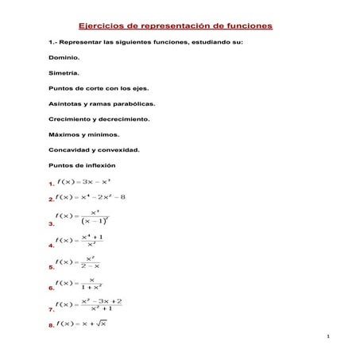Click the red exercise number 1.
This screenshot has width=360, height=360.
pyautogui.click(x=52, y=184)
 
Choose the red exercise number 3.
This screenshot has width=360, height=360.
pyautogui.click(x=52, y=225)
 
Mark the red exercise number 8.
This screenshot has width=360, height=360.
pyautogui.click(x=52, y=326)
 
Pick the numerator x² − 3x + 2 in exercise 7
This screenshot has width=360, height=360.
pyautogui.click(x=101, y=301)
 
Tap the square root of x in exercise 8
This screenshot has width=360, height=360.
pyautogui.click(x=100, y=323)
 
